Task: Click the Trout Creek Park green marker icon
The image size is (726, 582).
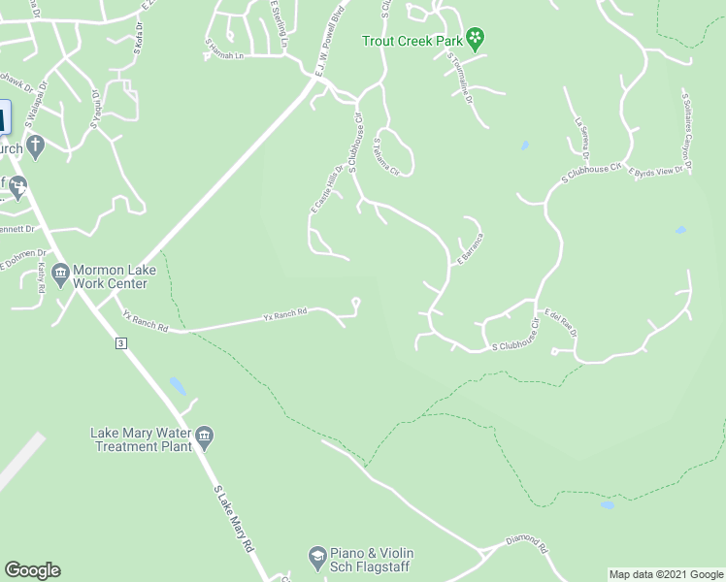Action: pyautogui.click(x=476, y=40)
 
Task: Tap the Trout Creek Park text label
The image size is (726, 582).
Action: pyautogui.click(x=412, y=41)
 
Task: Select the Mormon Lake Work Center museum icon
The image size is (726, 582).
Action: pyautogui.click(x=60, y=272)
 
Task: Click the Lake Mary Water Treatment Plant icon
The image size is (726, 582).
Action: pyautogui.click(x=205, y=439)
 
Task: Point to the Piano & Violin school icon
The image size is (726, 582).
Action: pyautogui.click(x=316, y=557)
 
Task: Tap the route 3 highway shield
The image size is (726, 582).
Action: pyautogui.click(x=120, y=343)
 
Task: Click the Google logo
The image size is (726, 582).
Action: pyautogui.click(x=32, y=570)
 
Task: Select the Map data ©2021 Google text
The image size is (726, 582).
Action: pyautogui.click(x=666, y=574)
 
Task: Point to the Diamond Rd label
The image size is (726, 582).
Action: pyautogui.click(x=527, y=540)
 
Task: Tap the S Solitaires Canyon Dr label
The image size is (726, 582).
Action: pyautogui.click(x=687, y=133)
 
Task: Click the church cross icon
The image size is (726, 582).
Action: pyautogui.click(x=36, y=146)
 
